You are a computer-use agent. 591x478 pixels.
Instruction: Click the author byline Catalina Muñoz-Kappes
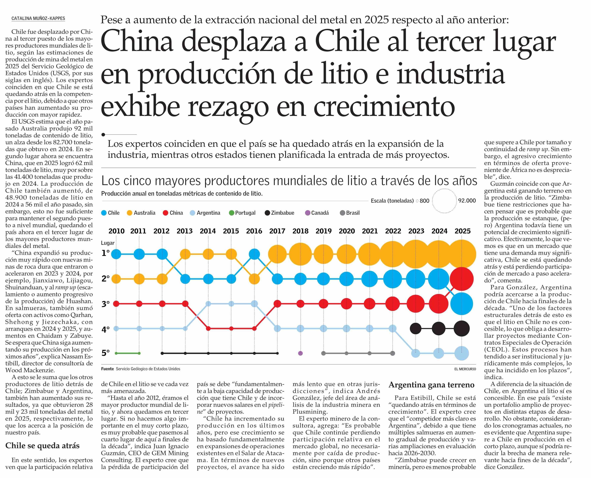pyautogui.click(x=38, y=18)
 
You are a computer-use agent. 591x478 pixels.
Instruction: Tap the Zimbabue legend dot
pyautogui.click(x=267, y=213)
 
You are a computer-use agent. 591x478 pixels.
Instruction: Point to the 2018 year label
pyautogui.click(x=300, y=231)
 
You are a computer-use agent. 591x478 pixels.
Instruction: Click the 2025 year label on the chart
pyautogui.click(x=463, y=231)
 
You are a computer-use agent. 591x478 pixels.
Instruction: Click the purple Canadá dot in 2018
pyautogui.click(x=300, y=353)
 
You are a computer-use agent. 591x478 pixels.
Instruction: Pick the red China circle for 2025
pyautogui.click(x=462, y=279)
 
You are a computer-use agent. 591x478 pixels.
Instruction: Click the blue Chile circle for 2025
pyautogui.click(x=462, y=304)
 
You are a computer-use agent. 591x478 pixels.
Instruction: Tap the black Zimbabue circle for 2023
pyautogui.click(x=416, y=328)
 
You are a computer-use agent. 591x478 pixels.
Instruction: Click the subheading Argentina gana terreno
pyautogui.click(x=431, y=385)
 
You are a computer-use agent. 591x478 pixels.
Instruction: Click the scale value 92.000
pyautogui.click(x=467, y=201)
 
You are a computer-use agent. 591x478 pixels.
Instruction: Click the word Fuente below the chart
pyautogui.click(x=107, y=369)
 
